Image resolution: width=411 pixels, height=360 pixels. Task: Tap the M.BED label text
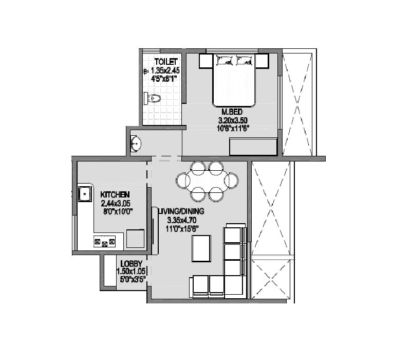click(232, 112)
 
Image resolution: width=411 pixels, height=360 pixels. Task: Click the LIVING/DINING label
click(181, 211)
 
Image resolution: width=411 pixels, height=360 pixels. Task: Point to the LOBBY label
click(132, 263)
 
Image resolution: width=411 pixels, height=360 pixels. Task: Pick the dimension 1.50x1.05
click(132, 272)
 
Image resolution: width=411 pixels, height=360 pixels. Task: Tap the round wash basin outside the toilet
click(136, 143)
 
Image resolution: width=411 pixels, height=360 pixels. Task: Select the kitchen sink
click(84, 194)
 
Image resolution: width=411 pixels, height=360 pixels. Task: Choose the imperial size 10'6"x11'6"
click(232, 129)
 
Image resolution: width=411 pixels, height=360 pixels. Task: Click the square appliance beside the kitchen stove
click(136, 239)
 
